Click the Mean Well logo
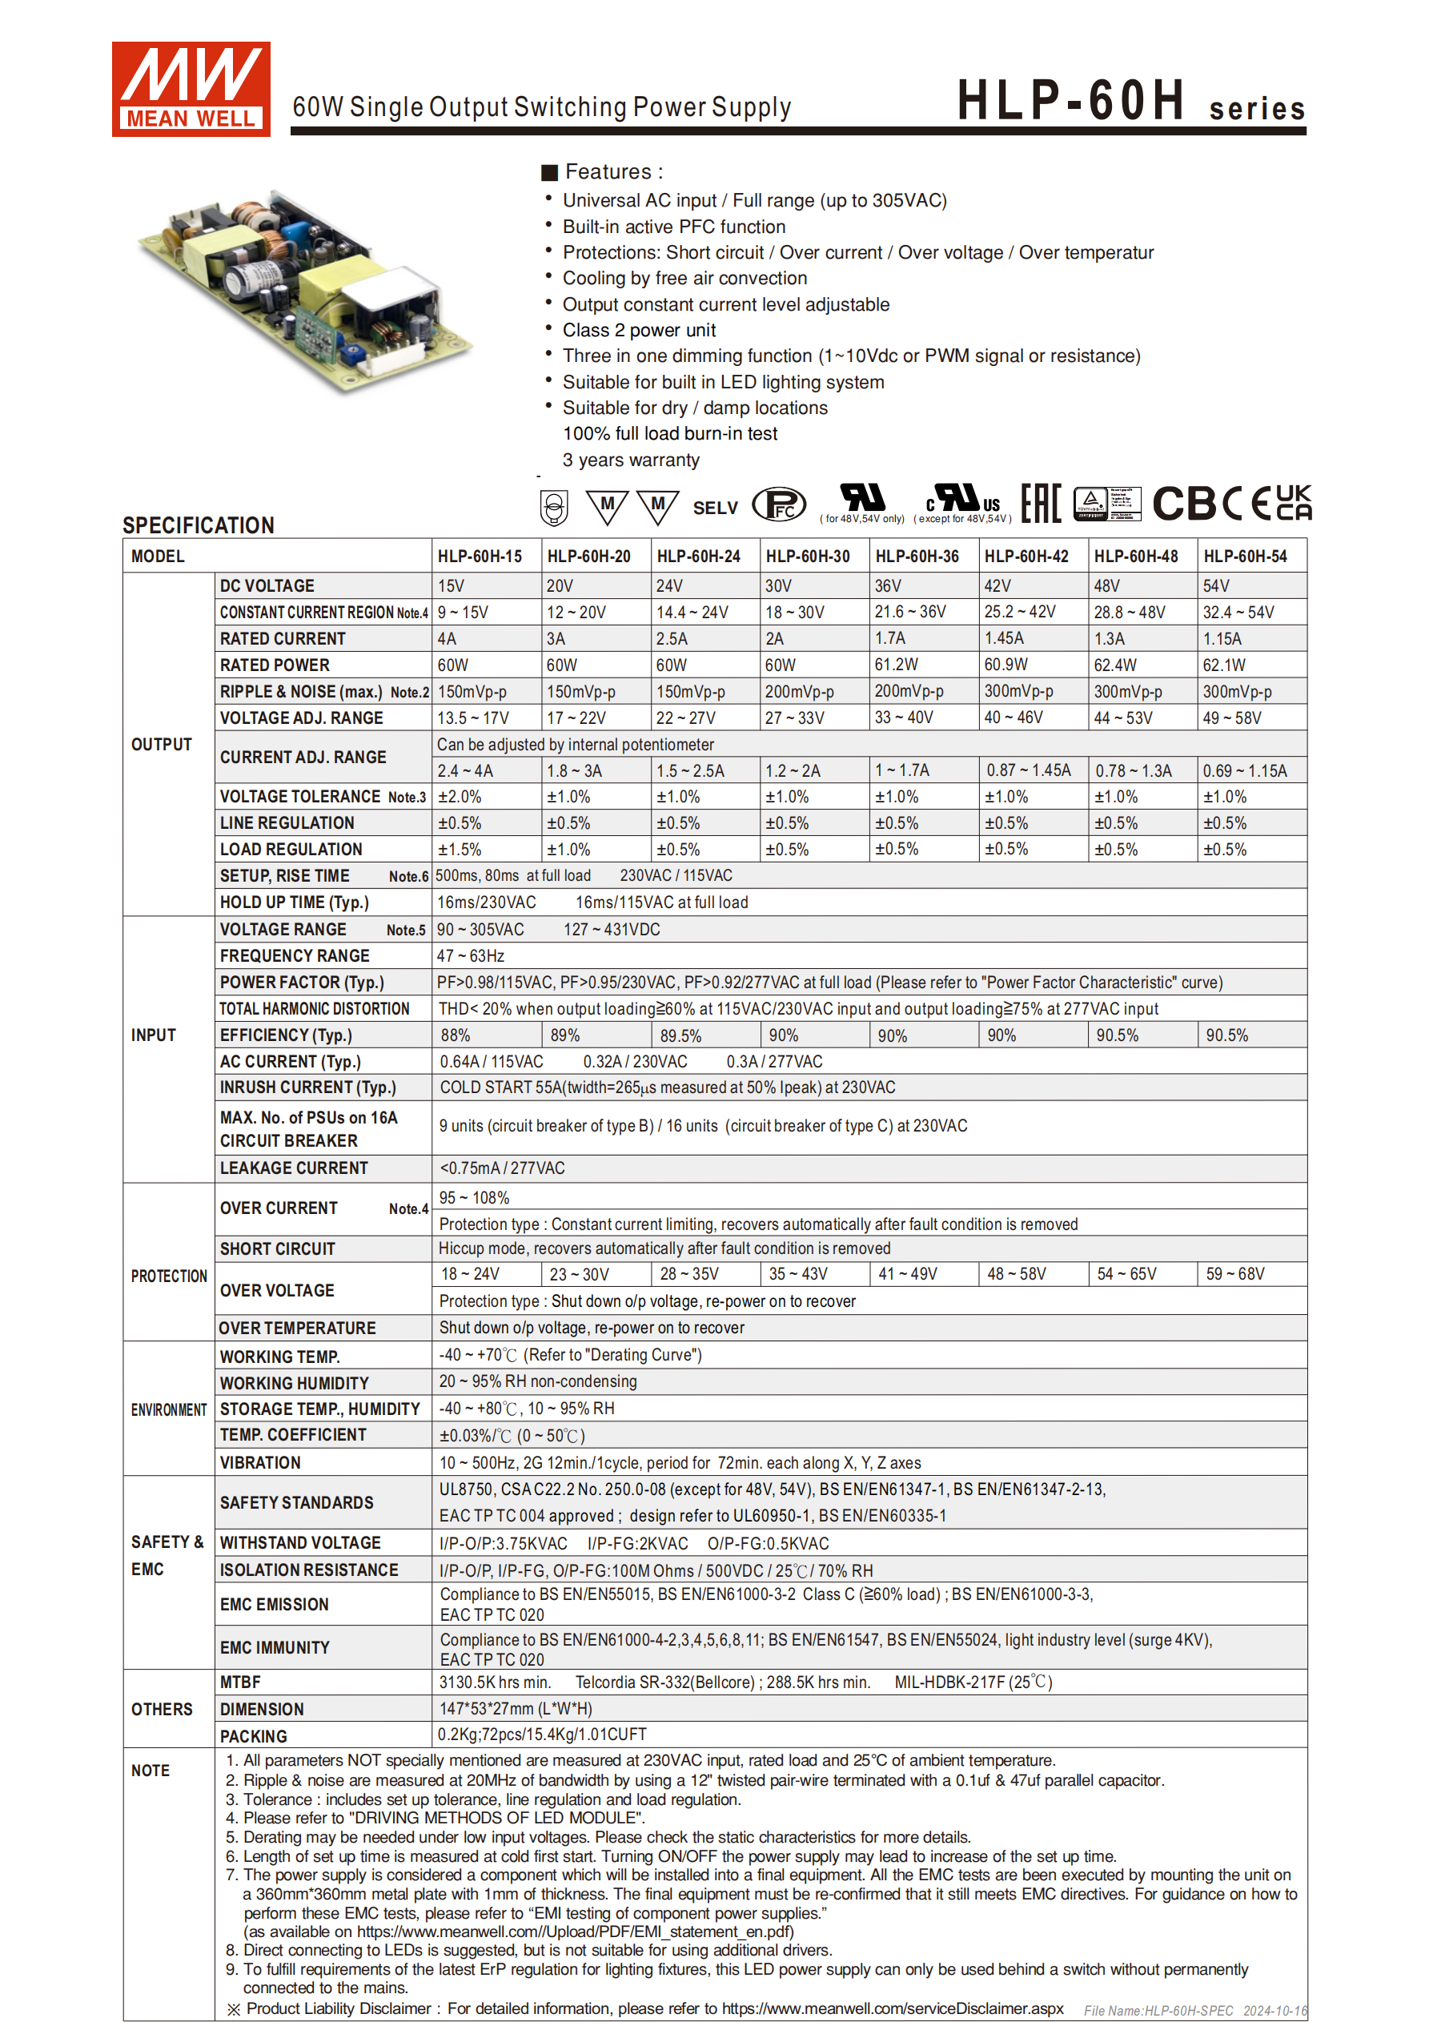pos(191,89)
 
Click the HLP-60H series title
pos(1130,100)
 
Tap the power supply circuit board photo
pos(303,290)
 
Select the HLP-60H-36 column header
pos(917,557)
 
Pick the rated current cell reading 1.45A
pos(1004,638)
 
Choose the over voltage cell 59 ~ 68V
pos(1234,1274)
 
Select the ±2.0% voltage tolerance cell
pos(460,797)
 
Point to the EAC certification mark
pos(1041,504)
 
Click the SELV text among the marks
pos(715,509)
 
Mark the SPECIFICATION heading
pos(198,526)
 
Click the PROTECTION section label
pos(169,1276)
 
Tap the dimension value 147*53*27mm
pos(515,1710)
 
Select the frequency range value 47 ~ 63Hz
pos(470,956)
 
